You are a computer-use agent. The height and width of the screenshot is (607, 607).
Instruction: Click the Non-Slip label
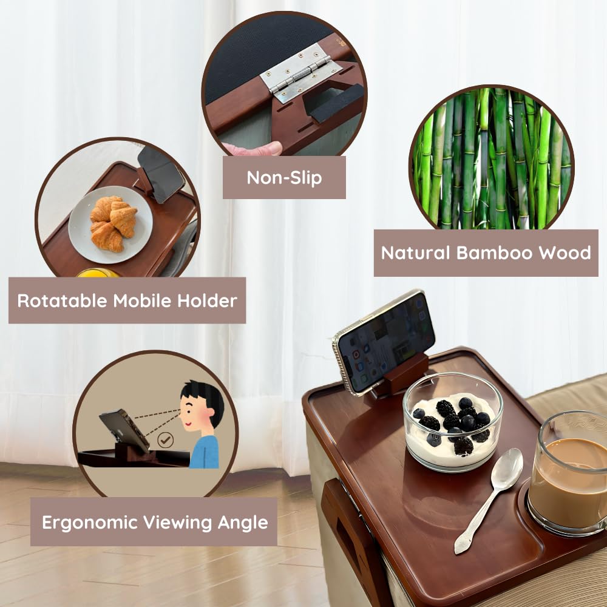284,178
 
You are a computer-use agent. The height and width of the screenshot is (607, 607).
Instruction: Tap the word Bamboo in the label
478,253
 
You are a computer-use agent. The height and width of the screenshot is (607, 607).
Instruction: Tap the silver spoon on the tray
490,498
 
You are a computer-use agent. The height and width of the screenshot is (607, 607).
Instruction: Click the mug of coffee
568,473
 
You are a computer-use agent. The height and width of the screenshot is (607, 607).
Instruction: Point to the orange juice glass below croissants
97,273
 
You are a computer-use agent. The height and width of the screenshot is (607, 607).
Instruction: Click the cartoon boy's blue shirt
205,452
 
